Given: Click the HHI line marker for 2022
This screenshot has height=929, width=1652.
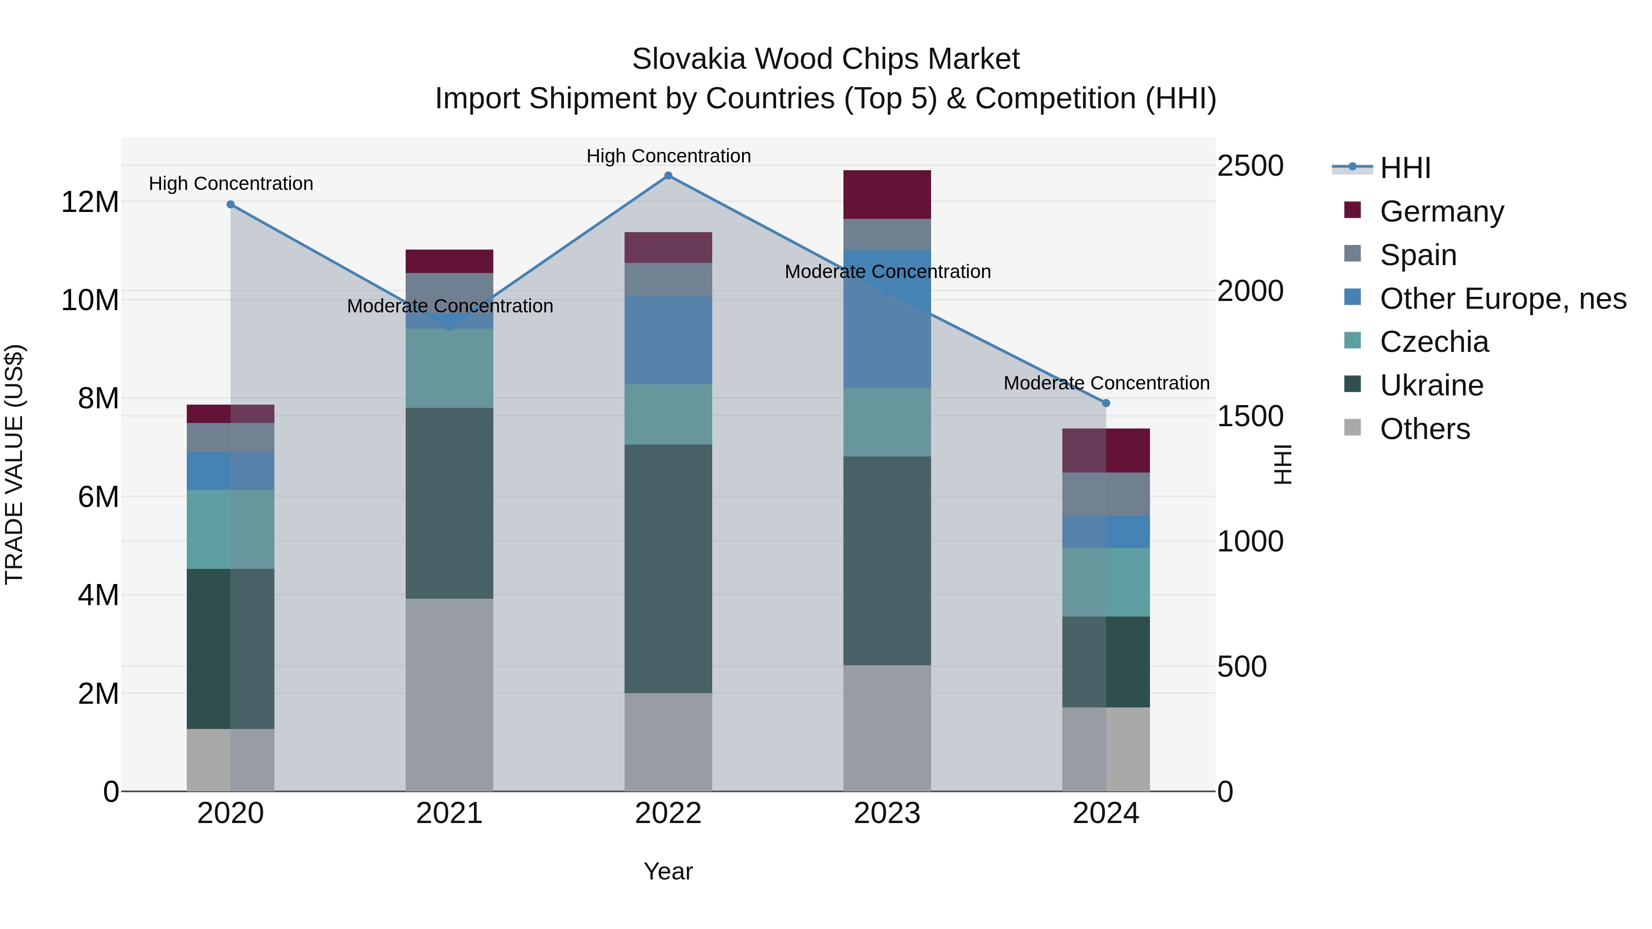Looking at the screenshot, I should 668,176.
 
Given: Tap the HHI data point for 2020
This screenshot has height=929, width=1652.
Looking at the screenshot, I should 231,205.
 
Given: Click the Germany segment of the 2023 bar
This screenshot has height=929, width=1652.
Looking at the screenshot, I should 887,195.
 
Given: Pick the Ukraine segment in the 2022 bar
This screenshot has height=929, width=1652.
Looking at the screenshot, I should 668,569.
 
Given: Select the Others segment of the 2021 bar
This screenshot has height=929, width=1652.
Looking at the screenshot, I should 450,695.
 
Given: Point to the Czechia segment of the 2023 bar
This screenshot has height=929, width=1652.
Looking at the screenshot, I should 887,422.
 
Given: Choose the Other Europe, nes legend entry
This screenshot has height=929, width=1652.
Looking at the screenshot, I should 1502,299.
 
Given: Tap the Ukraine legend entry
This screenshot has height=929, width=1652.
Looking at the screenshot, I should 1431,385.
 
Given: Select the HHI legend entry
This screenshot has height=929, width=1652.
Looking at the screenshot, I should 1405,168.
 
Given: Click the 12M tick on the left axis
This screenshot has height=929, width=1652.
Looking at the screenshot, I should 90,202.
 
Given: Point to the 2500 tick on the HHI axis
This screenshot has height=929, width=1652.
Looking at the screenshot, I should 1250,166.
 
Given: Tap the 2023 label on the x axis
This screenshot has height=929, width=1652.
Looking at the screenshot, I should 887,813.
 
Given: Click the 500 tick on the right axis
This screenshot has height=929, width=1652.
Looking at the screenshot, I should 1242,667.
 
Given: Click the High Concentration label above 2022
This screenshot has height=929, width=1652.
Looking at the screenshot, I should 668,156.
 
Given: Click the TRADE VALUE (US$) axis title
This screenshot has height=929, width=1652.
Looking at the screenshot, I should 14,464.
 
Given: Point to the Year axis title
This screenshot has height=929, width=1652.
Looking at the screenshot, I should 668,871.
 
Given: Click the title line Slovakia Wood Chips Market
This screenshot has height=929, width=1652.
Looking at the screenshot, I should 826,59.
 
